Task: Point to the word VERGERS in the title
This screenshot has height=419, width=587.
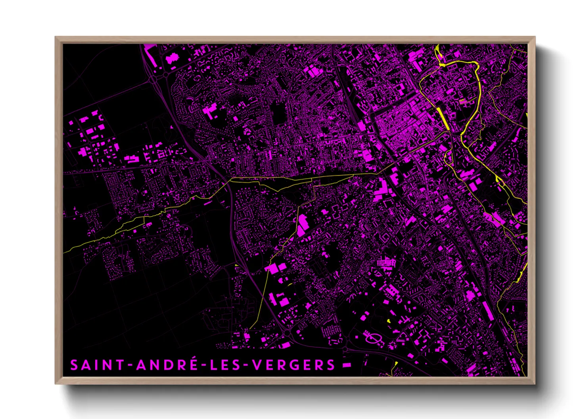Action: pyautogui.click(x=294, y=365)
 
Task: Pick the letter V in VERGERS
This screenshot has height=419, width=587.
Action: pyautogui.click(x=257, y=365)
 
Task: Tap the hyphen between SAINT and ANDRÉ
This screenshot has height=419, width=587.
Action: pyautogui.click(x=130, y=365)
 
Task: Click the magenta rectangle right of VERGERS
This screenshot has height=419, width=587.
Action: pyautogui.click(x=347, y=365)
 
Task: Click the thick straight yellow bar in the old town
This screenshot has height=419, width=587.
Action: pyautogui.click(x=443, y=117)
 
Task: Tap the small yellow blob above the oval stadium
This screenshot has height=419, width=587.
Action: pyautogui.click(x=389, y=320)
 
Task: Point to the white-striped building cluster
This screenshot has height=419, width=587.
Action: pyautogui.click(x=386, y=263)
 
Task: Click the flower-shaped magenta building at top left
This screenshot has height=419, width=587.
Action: pyautogui.click(x=172, y=59)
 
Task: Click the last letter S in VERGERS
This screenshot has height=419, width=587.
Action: pyautogui.click(x=331, y=365)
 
